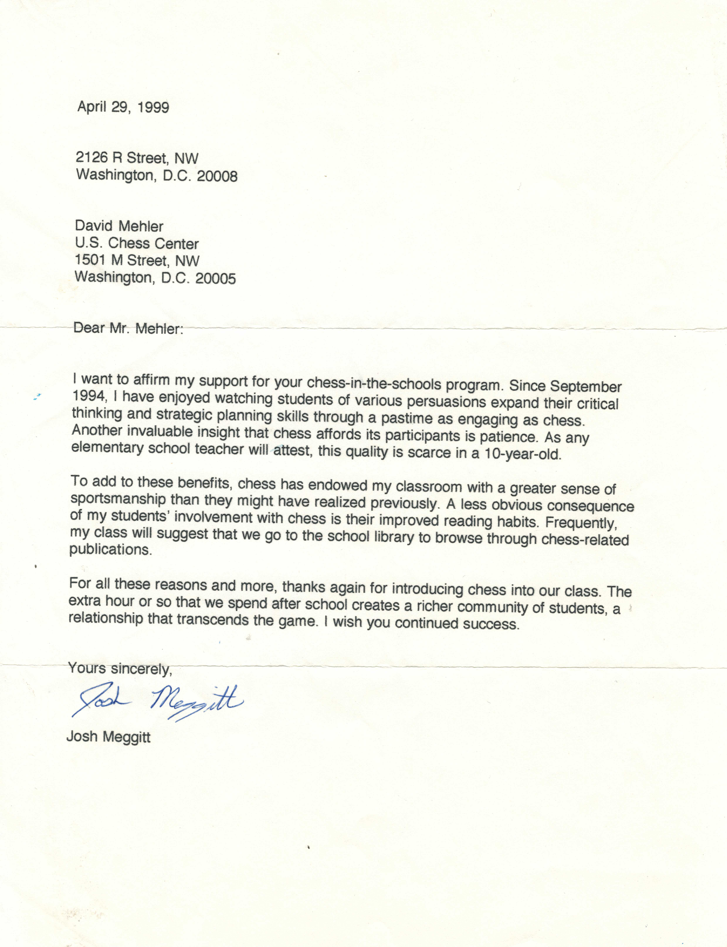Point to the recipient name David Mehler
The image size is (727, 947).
pyautogui.click(x=119, y=226)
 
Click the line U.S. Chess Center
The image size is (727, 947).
pyautogui.click(x=137, y=243)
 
